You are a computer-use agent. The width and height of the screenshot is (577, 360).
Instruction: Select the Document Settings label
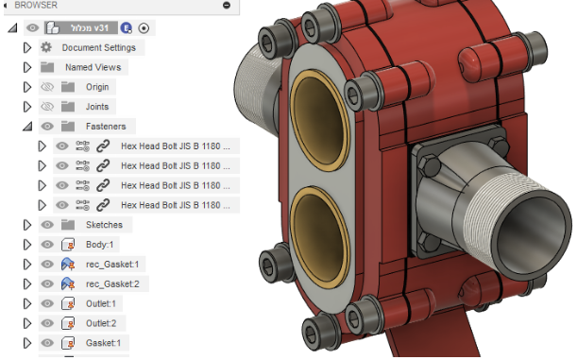98,47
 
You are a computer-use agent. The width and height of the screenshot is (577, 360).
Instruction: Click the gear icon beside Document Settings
45,47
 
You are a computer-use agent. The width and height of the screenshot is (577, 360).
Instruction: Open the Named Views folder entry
93,67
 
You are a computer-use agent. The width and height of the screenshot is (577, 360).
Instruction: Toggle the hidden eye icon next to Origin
47,87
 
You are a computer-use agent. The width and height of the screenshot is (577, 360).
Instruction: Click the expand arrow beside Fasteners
27,126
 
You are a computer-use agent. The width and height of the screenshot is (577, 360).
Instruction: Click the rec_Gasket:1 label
113,265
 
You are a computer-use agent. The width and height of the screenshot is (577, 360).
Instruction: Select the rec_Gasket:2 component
113,283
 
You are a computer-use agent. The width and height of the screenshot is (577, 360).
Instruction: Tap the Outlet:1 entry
100,303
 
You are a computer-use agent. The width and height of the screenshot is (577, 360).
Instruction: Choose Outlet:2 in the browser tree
100,323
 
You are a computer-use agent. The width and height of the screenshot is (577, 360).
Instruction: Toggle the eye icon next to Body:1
47,245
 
